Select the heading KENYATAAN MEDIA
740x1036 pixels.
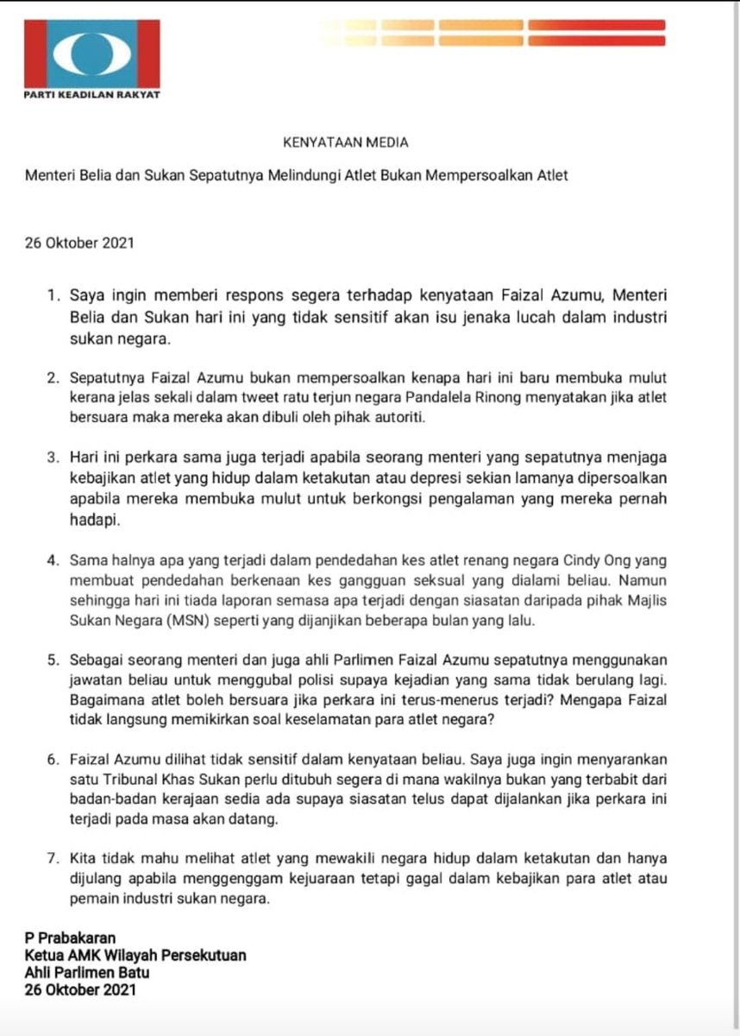click(346, 142)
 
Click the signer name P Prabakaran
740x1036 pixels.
click(71, 938)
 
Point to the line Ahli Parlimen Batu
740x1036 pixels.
click(87, 973)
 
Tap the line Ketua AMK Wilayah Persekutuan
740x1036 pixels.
click(135, 955)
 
